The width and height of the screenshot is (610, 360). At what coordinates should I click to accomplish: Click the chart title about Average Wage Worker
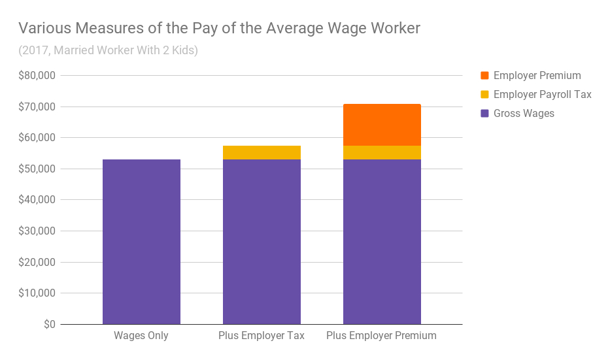pos(219,28)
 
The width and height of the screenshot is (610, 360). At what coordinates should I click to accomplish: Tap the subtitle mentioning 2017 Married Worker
pos(108,50)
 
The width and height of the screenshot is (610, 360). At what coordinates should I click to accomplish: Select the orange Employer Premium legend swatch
pos(484,76)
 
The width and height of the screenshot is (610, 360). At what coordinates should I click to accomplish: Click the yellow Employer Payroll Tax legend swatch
pos(484,95)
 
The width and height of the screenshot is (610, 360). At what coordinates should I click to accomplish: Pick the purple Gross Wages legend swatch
pos(484,114)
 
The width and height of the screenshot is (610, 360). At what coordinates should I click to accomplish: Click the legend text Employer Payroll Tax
pos(542,95)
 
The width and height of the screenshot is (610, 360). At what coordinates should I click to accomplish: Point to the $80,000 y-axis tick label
pos(39,75)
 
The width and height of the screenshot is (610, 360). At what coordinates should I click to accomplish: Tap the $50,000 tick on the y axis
pos(39,169)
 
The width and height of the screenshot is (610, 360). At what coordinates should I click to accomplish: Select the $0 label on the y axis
pos(50,325)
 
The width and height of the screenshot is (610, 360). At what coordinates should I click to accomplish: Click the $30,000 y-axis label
pos(39,231)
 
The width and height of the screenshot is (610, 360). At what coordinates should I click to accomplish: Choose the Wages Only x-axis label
pos(141,336)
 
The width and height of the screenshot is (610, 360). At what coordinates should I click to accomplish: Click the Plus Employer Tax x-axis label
pos(262,336)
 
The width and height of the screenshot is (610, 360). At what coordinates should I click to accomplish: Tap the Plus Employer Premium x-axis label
pos(382,336)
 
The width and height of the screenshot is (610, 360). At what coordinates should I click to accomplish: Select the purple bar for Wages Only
pos(141,242)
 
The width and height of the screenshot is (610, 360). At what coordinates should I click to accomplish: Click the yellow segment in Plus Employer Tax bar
pos(262,152)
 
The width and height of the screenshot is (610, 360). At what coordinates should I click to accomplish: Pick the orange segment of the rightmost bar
pos(382,125)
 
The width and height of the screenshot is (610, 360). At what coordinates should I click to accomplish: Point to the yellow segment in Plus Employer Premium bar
pos(382,152)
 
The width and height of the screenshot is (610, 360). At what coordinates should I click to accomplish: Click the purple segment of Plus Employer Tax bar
pos(262,242)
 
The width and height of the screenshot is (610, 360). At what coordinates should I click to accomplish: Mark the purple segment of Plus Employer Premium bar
pos(382,242)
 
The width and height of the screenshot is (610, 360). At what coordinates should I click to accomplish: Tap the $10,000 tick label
pos(39,293)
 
